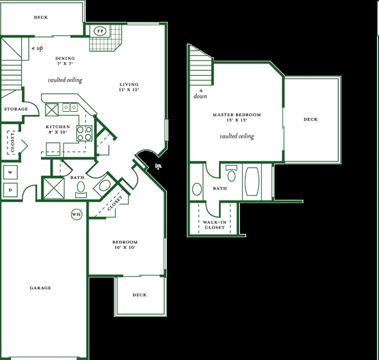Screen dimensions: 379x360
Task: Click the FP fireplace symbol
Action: pos(100,31)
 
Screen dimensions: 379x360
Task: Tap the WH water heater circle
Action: pos(76,215)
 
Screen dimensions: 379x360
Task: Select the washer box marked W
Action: pos(10,172)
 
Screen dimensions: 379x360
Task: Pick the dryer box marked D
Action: pos(10,190)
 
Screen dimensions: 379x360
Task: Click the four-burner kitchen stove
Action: pos(85,134)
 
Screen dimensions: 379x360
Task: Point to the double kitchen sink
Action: pos(70,107)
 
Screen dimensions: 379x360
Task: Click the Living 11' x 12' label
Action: pos(130,87)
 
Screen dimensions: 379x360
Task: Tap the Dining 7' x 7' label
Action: pos(65,61)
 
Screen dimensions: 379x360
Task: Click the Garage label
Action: pos(40,288)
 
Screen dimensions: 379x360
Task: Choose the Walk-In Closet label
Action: pos(215,225)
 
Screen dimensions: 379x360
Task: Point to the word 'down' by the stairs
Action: pos(200,96)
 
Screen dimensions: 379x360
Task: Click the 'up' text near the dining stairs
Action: pos(37,48)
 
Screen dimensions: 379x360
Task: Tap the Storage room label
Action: pos(16,109)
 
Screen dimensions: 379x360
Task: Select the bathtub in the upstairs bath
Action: pos(252,181)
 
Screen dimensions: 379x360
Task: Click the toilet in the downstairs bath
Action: pos(80,190)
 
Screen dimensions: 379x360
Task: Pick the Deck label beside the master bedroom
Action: pos(311,119)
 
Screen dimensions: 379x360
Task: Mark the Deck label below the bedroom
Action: pos(140,295)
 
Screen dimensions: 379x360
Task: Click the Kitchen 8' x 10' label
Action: pos(58,130)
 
